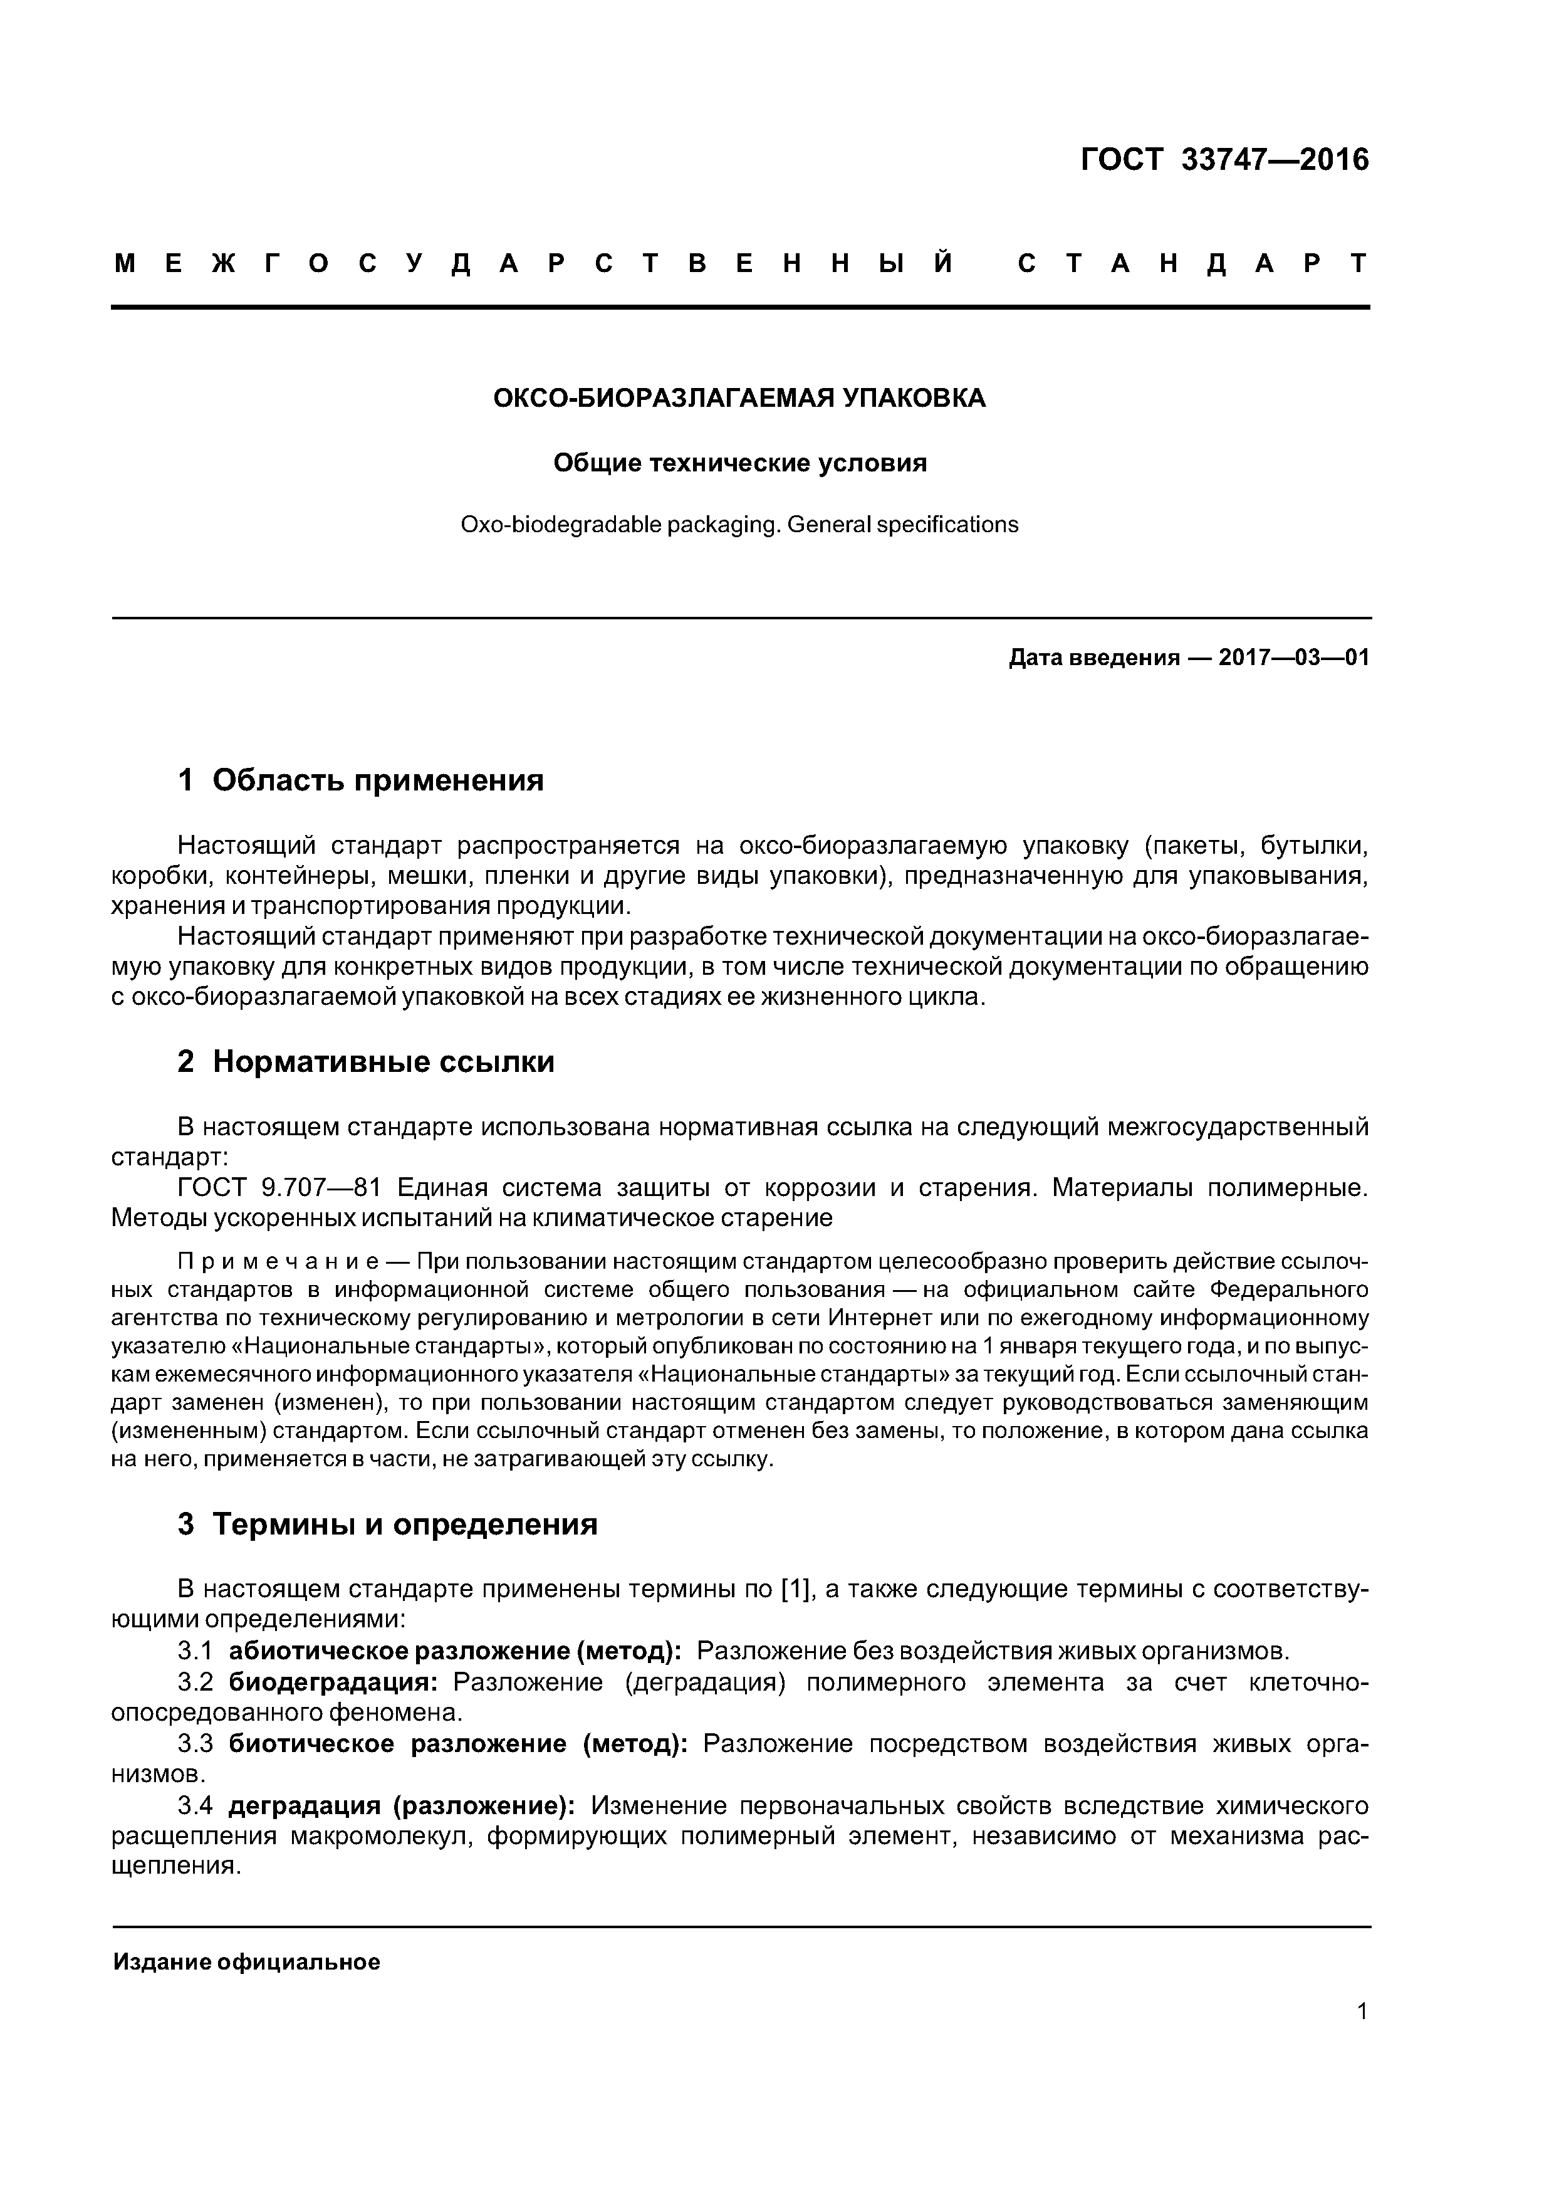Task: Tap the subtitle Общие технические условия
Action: pyautogui.click(x=739, y=463)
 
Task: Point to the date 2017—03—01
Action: pyautogui.click(x=1293, y=658)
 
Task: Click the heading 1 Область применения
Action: pyautogui.click(x=361, y=780)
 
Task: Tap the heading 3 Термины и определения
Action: pyautogui.click(x=388, y=1524)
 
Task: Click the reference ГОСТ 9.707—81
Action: pyautogui.click(x=279, y=1189)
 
